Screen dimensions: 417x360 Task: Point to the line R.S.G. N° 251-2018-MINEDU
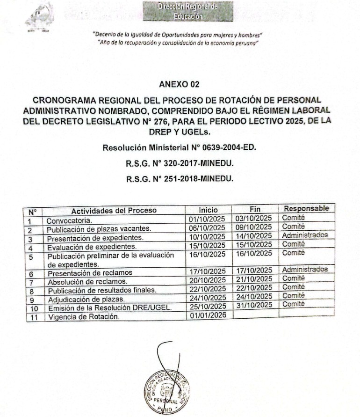coord(180,178)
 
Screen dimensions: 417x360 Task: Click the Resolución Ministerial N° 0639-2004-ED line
coord(180,148)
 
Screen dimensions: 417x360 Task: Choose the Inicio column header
coord(208,210)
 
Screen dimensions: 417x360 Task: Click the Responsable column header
coord(306,208)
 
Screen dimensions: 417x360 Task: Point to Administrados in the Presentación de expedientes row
coord(304,235)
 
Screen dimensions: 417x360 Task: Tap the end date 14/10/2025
coord(253,236)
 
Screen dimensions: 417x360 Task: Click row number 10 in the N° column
coord(34,309)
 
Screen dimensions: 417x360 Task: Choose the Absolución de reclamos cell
coord(87,282)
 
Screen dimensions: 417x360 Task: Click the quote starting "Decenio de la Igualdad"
coord(178,35)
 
